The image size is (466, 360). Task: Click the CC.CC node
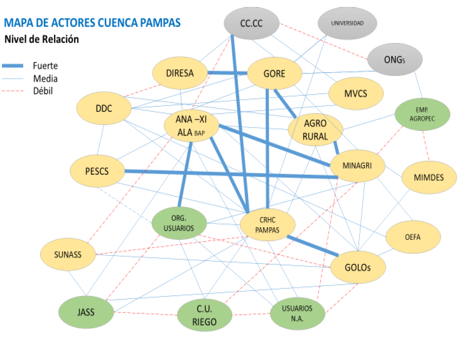pos(251,23)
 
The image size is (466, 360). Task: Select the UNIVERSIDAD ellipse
pos(347,23)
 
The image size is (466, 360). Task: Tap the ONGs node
pos(395,59)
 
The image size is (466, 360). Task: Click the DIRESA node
pos(180,73)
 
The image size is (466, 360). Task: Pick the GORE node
pos(274,73)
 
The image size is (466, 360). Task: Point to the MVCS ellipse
pos(356,93)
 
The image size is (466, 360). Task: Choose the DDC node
pos(104,109)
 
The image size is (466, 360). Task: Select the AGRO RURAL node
pos(315,130)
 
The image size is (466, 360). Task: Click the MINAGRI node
pos(357,165)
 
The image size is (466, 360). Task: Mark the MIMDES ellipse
pos(429,177)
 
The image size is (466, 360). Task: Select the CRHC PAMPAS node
pos(267,226)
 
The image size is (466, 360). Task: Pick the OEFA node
pos(413,238)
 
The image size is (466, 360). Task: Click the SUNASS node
pos(67,255)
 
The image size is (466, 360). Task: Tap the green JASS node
pos(86,312)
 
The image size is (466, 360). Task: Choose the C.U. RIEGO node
pos(204,316)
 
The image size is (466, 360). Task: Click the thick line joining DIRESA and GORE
pos(227,73)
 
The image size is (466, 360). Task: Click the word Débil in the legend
pos(43,91)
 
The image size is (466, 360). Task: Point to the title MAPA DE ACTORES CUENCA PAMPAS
pos(92,22)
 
